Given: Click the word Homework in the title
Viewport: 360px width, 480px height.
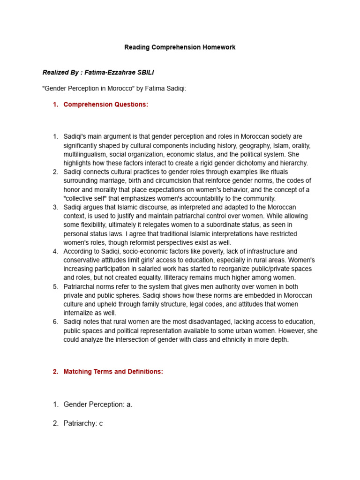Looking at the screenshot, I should coord(219,47).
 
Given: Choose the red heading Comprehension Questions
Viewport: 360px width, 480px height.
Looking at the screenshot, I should coord(105,105).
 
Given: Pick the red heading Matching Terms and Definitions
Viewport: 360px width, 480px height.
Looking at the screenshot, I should coord(113,372).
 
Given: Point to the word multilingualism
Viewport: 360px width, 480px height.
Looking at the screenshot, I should coord(86,154).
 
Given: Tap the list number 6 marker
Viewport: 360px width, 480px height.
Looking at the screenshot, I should coord(55,322).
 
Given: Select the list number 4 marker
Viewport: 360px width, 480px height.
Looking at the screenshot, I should coord(55,251).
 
